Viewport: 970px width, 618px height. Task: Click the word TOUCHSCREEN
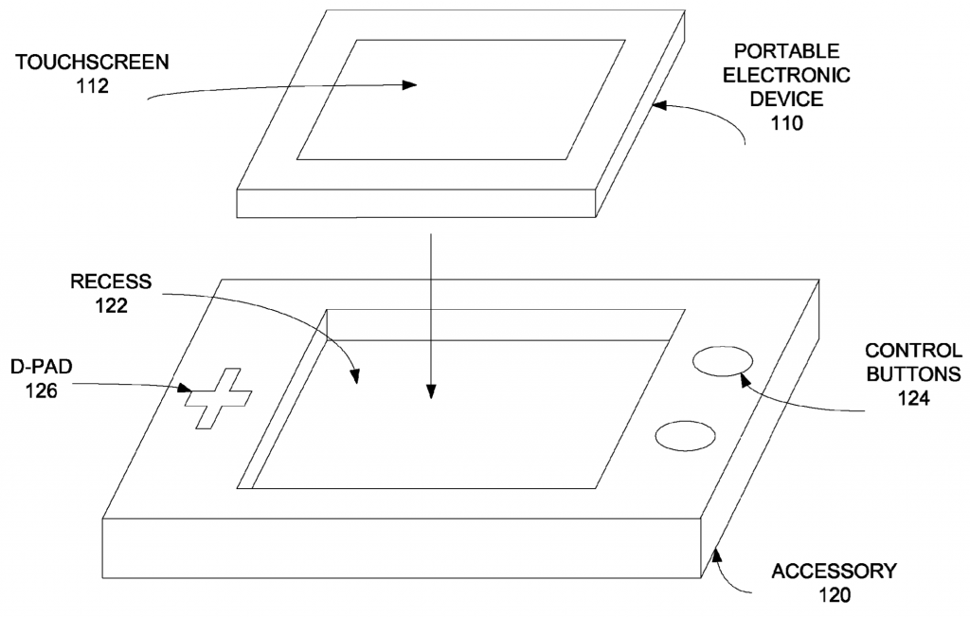(x=92, y=62)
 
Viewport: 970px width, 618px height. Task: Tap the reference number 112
(x=92, y=86)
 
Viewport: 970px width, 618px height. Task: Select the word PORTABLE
(x=786, y=51)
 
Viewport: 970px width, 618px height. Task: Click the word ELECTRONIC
(x=786, y=75)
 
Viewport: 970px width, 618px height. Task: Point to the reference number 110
(x=786, y=123)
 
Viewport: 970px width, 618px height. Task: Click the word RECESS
(x=111, y=282)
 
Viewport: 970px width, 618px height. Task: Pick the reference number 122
(x=111, y=305)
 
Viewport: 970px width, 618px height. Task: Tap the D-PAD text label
(x=42, y=367)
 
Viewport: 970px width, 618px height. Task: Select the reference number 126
(x=42, y=391)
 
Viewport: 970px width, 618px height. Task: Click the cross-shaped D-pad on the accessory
(x=219, y=398)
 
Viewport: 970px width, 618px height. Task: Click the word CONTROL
(x=913, y=351)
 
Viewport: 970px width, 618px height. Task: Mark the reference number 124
(x=913, y=398)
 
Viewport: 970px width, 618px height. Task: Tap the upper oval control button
(x=723, y=361)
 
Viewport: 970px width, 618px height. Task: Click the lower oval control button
(x=686, y=436)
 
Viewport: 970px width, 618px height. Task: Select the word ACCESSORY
(x=834, y=571)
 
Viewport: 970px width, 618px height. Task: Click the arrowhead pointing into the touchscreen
(x=410, y=85)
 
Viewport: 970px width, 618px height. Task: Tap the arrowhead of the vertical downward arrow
(x=431, y=391)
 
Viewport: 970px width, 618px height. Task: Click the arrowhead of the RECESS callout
(x=354, y=376)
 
